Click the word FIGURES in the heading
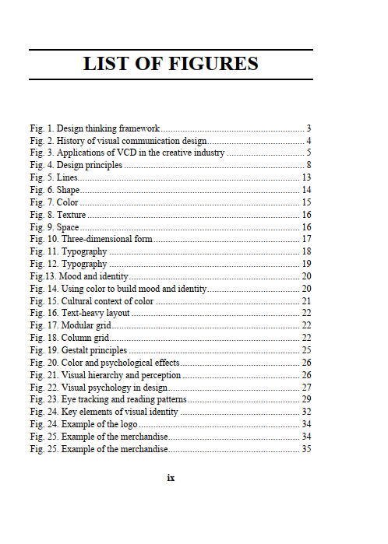(214, 64)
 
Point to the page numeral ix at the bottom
(171, 477)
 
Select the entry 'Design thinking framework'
(108, 128)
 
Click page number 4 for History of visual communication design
(309, 140)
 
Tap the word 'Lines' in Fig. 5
(67, 177)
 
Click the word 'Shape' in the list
(68, 190)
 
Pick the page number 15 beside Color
(306, 202)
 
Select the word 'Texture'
(72, 215)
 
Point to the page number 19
(306, 264)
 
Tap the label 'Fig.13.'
(43, 276)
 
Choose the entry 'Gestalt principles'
(94, 350)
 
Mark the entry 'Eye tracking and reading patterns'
(124, 399)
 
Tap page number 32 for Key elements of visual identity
(306, 412)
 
